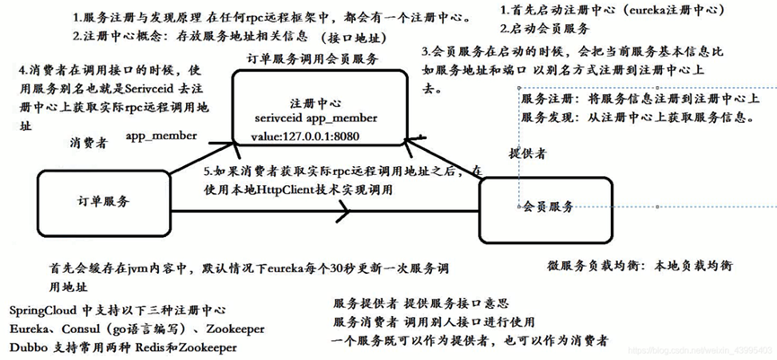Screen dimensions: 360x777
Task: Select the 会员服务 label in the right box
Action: [549, 206]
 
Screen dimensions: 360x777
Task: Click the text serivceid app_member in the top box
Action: [313, 118]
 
